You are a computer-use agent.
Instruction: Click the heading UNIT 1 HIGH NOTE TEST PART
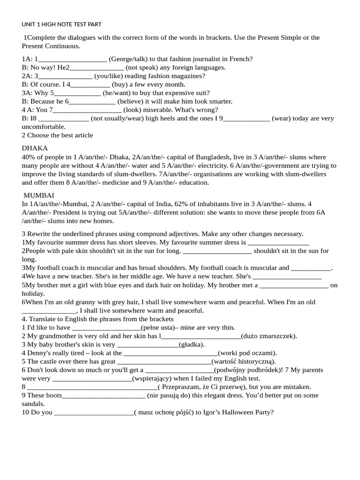tap(61, 24)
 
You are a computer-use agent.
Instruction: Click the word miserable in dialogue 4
tap(161, 110)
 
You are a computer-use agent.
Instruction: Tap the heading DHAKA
tap(35, 148)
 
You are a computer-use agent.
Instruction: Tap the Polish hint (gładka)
tap(192, 345)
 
